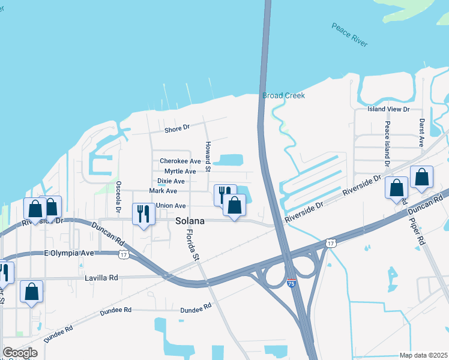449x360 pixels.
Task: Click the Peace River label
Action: coord(349,35)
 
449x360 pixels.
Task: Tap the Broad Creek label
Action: coord(283,95)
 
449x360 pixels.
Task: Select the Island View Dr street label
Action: coord(388,109)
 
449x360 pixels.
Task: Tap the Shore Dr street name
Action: coord(177,128)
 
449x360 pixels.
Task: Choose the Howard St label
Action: coord(208,157)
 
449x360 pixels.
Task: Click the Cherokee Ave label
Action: coord(180,161)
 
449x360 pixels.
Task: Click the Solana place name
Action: coord(190,221)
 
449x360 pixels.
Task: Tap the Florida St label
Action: coord(192,244)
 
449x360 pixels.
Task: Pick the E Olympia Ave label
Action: coord(70,253)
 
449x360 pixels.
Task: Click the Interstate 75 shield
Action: coord(291,283)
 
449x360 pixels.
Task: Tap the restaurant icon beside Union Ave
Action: coord(143,214)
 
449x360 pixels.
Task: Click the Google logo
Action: coord(20,353)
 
